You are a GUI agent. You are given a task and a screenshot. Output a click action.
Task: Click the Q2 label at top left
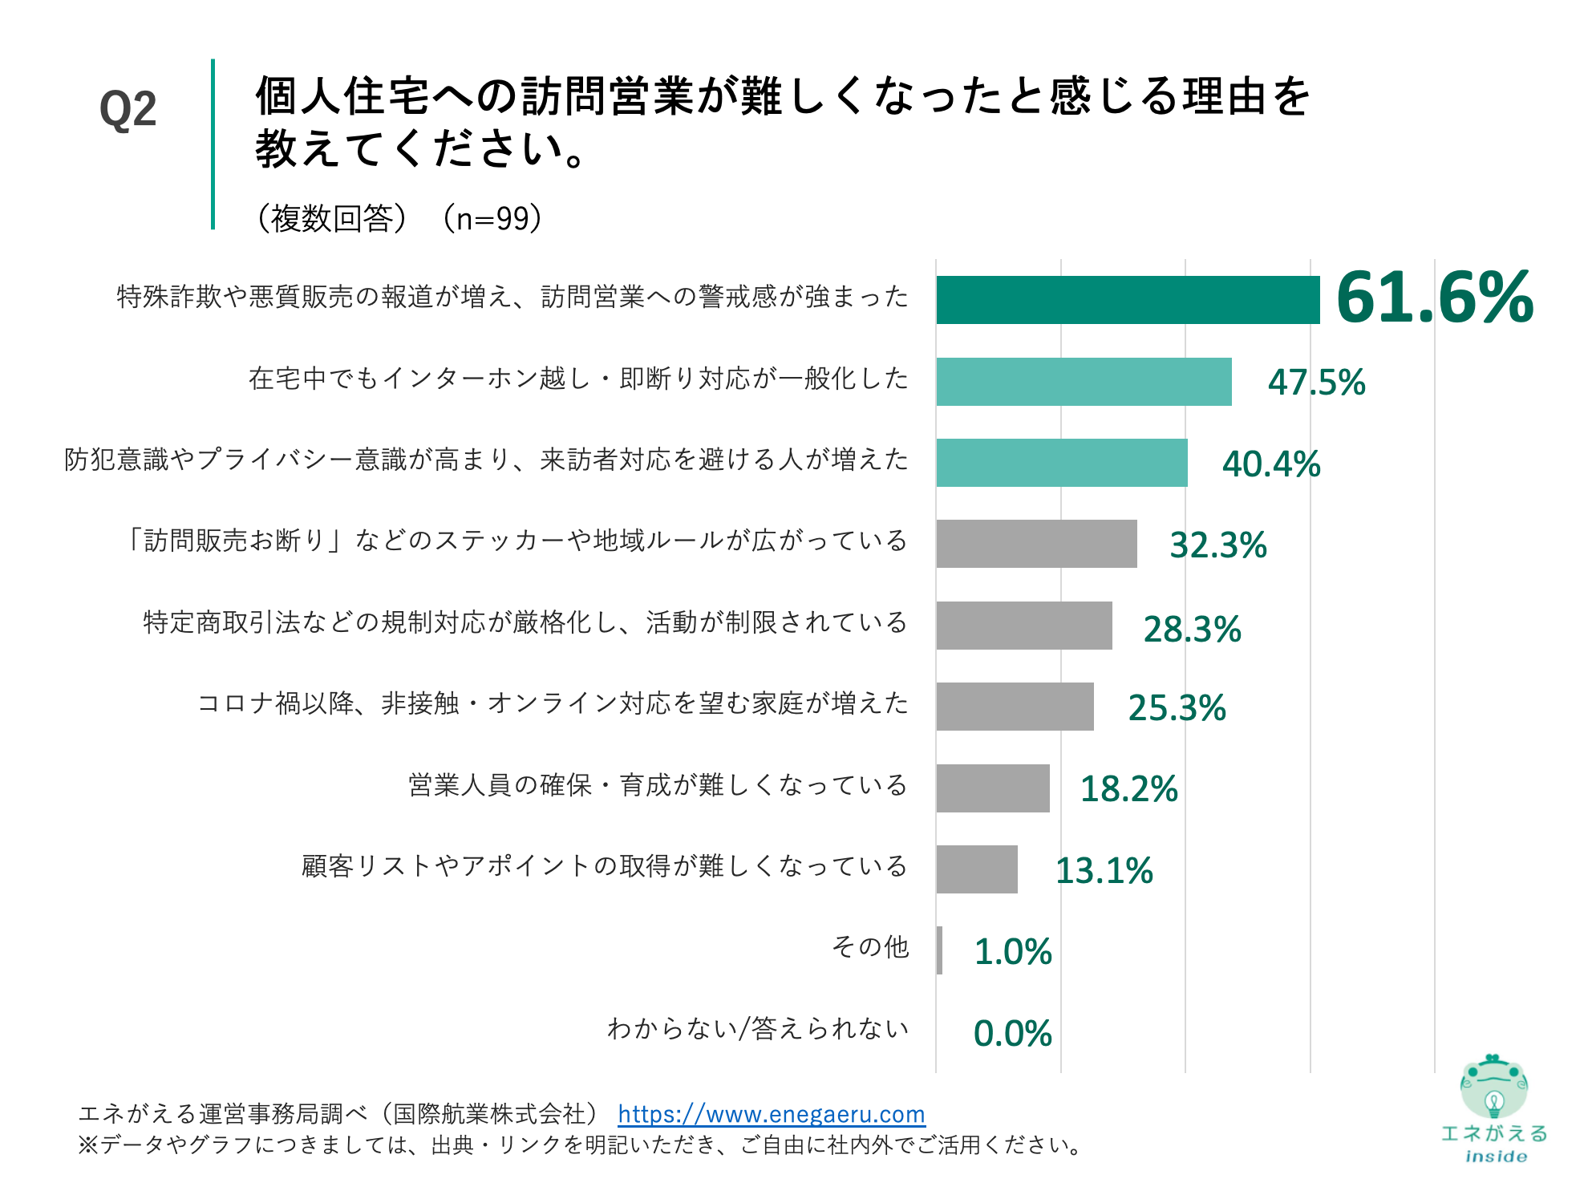pos(128,110)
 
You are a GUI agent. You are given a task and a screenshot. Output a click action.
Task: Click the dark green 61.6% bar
pos(1127,300)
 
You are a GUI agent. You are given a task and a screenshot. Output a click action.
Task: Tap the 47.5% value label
pos(1316,383)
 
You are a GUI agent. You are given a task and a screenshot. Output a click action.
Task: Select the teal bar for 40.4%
pos(1061,463)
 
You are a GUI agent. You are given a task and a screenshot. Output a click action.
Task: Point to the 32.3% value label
pos(1217,545)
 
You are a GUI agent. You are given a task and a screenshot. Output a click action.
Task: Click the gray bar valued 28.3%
pos(1023,626)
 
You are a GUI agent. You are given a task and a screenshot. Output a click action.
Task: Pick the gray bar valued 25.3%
pos(1015,707)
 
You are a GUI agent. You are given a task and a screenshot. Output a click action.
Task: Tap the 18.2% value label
pos(1128,789)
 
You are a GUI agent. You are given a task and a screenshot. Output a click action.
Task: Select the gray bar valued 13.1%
pos(976,869)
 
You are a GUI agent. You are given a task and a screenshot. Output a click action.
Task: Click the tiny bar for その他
pos(939,950)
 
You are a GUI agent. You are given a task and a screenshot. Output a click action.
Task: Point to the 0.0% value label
pos(1012,1034)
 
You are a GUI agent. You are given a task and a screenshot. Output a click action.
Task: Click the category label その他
pos(870,947)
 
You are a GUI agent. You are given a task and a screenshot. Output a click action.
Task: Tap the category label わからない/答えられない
pos(758,1029)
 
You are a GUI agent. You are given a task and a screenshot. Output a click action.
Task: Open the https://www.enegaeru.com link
pos(771,1114)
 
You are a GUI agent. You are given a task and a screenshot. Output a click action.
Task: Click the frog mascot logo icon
pos(1493,1088)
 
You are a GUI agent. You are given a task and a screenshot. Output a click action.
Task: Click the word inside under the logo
pos(1496,1157)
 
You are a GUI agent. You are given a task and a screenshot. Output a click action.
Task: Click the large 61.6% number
pos(1434,298)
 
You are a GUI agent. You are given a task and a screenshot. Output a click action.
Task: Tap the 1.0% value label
pos(1012,952)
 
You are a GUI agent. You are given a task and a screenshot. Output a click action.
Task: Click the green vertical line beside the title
pos(213,144)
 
